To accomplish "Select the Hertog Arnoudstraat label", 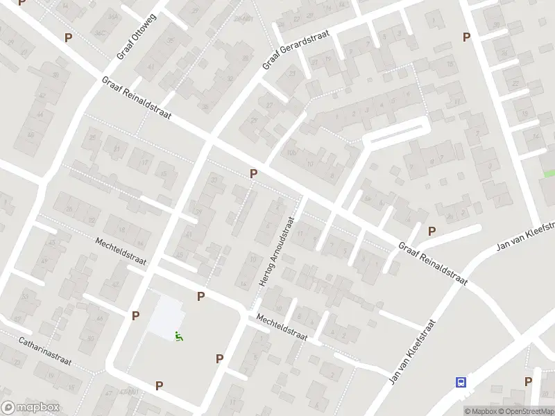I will coord(277,250).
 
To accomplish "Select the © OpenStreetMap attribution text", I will coord(526,411).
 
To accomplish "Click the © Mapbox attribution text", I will coord(480,411).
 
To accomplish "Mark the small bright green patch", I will coord(549,173).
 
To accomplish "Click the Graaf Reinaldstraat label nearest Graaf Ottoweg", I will coord(136,97).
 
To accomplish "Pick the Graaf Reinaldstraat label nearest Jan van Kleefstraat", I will coord(433,263).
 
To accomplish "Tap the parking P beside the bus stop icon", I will coord(528,381).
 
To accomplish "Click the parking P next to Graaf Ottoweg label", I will coord(68,37).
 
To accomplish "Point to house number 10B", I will coord(291,152).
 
